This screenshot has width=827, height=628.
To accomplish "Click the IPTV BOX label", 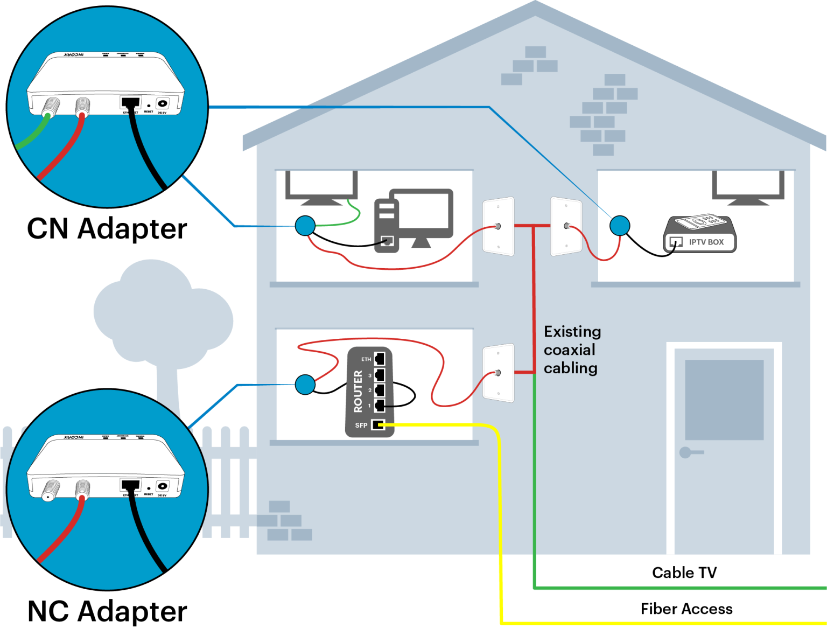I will point(706,242).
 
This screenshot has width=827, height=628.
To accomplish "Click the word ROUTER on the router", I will point(358,392).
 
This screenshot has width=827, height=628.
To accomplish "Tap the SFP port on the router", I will point(379,425).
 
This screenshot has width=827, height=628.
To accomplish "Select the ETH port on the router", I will point(380,358).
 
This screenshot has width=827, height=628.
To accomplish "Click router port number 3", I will point(380,374).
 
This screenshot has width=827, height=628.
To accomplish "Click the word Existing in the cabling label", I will point(572,332).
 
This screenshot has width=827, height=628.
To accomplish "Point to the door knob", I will point(686,452).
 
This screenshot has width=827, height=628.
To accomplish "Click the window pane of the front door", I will point(724,399).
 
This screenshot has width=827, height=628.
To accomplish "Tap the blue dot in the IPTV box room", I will point(619,226).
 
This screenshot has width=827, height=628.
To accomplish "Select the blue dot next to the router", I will point(305,385).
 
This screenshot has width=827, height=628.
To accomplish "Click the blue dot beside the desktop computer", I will point(305,226).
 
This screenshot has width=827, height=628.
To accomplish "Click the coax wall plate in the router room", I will point(499,373).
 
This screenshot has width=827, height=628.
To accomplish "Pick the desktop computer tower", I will point(387,226).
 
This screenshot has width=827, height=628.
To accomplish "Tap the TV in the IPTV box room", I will point(748,185).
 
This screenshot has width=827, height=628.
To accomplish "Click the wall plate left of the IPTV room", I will point(566,226).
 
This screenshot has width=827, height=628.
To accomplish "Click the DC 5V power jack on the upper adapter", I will point(162,103).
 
